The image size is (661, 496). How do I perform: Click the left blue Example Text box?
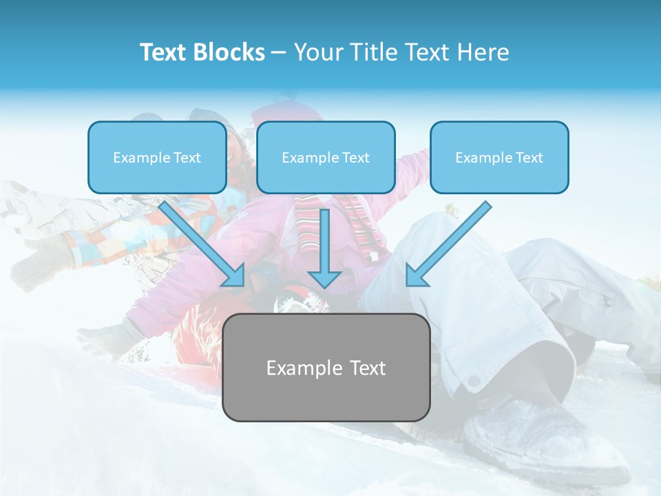click(157, 157)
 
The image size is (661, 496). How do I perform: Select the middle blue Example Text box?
click(326, 157)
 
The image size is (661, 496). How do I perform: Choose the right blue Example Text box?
click(499, 157)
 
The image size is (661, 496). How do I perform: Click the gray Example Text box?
click(326, 367)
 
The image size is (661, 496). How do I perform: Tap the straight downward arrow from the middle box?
click(325, 241)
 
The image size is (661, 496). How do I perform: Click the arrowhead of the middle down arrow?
click(325, 278)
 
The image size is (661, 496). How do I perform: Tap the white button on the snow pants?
click(473, 381)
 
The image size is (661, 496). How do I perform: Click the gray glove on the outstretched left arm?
click(41, 265)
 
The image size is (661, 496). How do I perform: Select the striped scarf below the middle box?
click(358, 220)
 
